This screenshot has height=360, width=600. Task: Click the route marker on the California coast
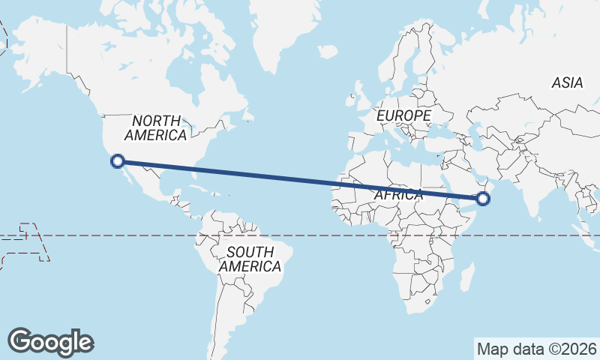(x=117, y=160)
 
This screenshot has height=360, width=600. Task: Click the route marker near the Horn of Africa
(x=483, y=198)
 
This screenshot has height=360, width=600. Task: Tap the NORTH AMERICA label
(x=156, y=128)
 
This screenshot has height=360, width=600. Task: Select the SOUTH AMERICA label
(x=250, y=259)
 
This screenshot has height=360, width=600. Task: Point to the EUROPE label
(x=403, y=115)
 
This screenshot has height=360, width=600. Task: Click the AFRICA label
(x=398, y=194)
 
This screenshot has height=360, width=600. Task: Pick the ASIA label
(x=567, y=83)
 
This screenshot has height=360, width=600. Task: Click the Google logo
(x=50, y=341)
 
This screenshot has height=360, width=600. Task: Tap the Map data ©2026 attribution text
(x=537, y=349)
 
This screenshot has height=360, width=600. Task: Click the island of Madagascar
(x=466, y=277)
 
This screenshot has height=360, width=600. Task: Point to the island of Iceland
(x=327, y=52)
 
